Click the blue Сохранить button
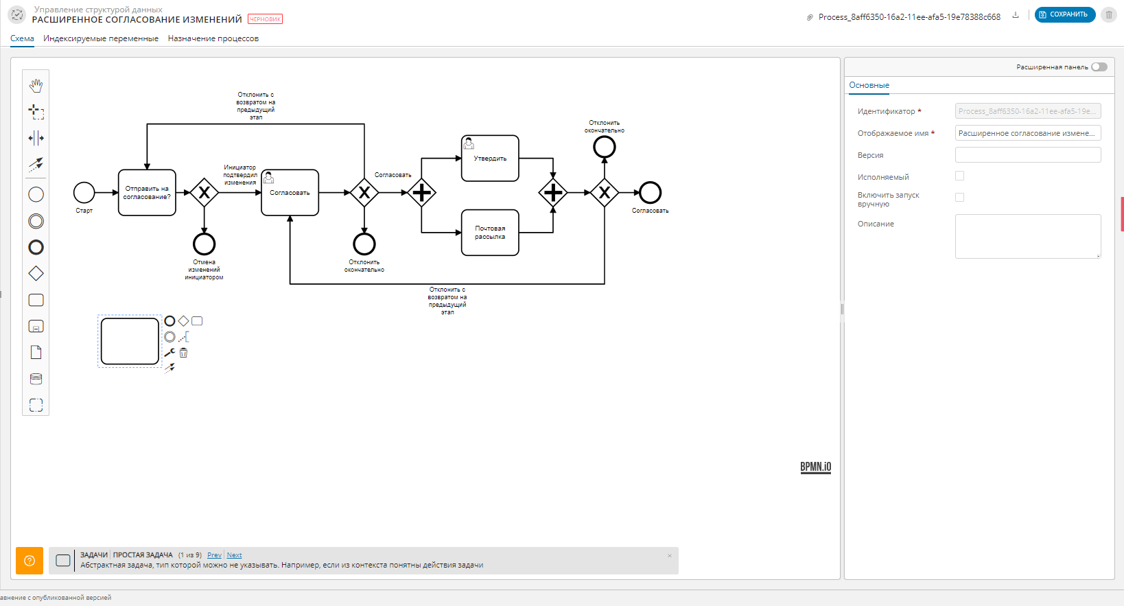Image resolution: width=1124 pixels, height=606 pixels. [x=1064, y=14]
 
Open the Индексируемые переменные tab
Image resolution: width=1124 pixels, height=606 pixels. [x=101, y=38]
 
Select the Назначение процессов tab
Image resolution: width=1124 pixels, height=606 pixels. [x=213, y=38]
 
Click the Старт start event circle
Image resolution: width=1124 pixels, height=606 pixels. [x=84, y=193]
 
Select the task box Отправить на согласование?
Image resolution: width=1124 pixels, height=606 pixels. [x=147, y=193]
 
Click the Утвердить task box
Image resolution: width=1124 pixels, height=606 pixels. [x=490, y=159]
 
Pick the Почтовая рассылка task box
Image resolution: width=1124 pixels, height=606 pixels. [x=490, y=233]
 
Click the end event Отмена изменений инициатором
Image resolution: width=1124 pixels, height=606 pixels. [x=204, y=244]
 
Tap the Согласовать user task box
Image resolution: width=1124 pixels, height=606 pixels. [x=290, y=193]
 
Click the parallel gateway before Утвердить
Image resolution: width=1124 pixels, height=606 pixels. [x=421, y=193]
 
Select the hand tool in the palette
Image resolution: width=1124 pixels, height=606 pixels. [x=36, y=85]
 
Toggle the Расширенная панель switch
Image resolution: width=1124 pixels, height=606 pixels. [x=1099, y=67]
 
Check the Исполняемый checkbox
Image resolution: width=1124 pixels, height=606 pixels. [x=959, y=176]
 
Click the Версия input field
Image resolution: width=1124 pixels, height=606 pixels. [x=1027, y=155]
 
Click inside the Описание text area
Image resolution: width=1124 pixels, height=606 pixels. [x=1027, y=236]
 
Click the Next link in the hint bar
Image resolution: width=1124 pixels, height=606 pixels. [x=234, y=555]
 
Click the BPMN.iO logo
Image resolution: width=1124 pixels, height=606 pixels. [x=815, y=467]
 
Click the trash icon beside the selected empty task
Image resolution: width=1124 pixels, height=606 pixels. [x=183, y=353]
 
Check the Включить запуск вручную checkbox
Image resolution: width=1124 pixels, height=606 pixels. [x=959, y=197]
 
